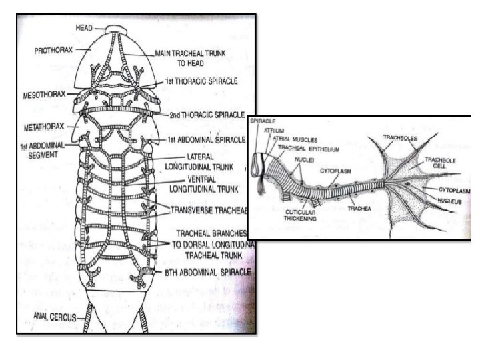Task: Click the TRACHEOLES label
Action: click(399, 138)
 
